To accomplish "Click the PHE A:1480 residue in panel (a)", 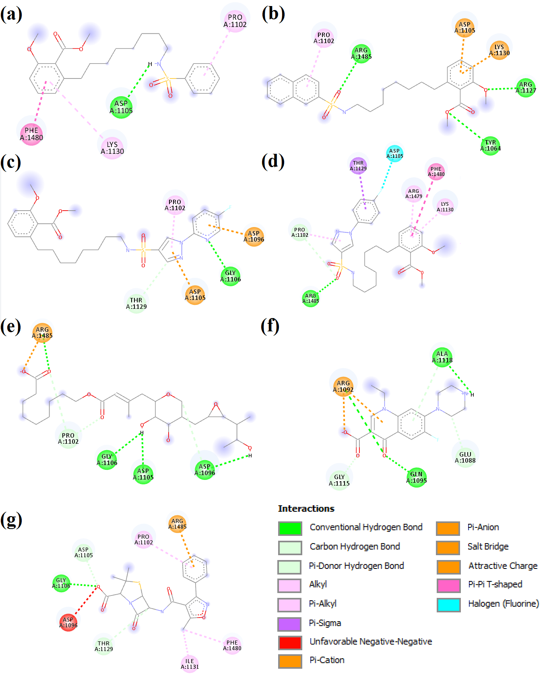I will tap(31, 134).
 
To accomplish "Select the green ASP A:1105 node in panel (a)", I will tap(121, 107).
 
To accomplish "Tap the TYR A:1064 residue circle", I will tap(490, 145).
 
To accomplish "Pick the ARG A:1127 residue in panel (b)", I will tap(526, 87).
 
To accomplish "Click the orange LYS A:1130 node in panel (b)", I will tap(499, 50).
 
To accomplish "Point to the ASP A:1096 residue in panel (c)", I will tap(254, 236).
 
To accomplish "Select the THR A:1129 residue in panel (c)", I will tap(136, 303).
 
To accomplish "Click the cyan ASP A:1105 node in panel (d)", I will tap(394, 153).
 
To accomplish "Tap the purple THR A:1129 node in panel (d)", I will tap(358, 166).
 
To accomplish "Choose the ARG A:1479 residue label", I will tap(414, 194).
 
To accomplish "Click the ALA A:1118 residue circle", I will tap(442, 357).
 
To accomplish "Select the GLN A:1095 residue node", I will tap(416, 477).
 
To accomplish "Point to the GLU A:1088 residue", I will tap(465, 457).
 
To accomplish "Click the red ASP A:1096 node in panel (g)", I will tap(68, 622).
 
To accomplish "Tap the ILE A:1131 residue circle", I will tap(190, 664).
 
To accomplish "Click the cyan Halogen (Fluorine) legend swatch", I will tap(448, 604).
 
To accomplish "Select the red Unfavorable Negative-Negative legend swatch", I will tap(290, 642).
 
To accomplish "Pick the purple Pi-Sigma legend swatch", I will tap(290, 624).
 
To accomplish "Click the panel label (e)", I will tap(11, 326).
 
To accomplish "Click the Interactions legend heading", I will tap(306, 508).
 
